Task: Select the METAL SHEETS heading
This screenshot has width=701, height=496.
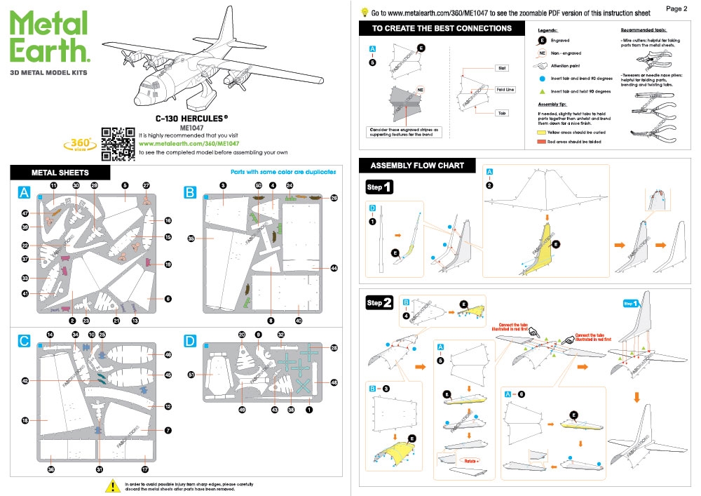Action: (x=60, y=172)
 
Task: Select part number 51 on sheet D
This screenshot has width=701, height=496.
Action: (x=191, y=375)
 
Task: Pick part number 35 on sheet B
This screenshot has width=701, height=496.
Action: (x=191, y=239)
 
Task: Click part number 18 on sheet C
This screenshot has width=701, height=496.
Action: (x=25, y=421)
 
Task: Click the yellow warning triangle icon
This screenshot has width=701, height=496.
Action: (x=110, y=485)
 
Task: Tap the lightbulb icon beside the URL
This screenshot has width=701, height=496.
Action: (x=365, y=11)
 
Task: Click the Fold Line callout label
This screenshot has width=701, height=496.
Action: (x=485, y=90)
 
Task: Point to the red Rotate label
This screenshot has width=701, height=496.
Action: (x=466, y=461)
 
